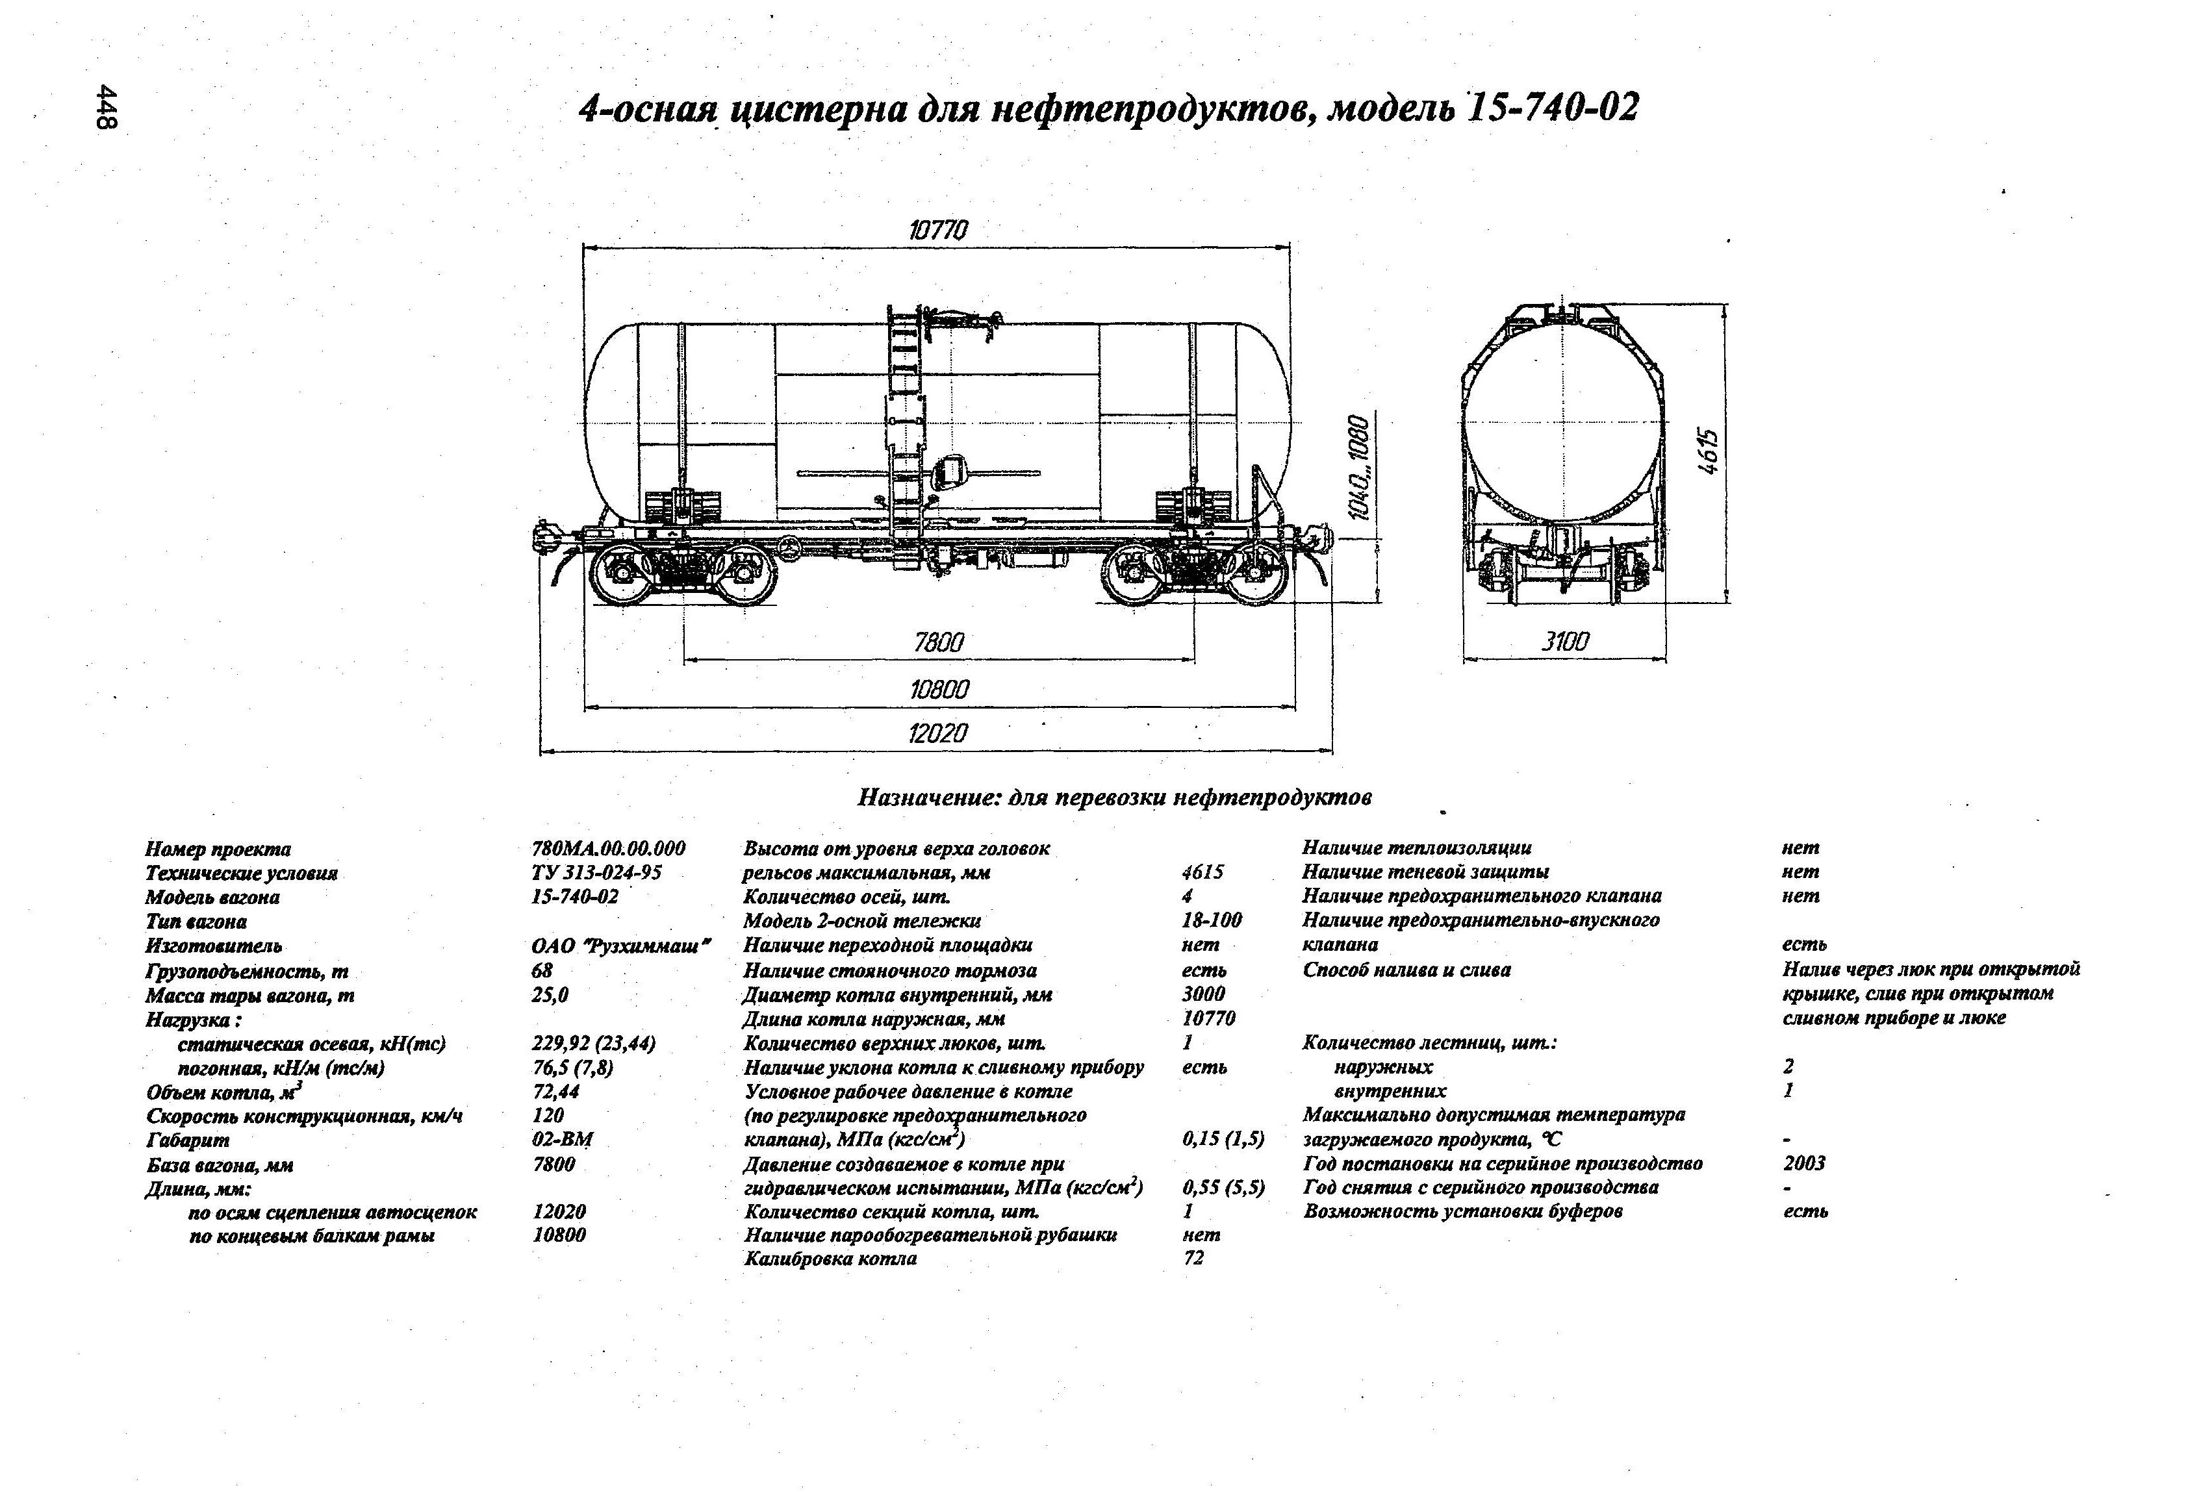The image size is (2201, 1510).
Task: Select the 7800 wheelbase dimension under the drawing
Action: pyautogui.click(x=939, y=643)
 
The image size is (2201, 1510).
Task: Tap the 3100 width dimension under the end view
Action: pyautogui.click(x=1564, y=642)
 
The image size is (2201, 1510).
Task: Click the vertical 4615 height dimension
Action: pyautogui.click(x=1707, y=451)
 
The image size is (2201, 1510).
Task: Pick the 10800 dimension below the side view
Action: pyautogui.click(x=939, y=689)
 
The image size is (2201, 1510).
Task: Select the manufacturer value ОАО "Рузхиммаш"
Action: pyautogui.click(x=621, y=945)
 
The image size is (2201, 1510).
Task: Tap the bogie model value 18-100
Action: pyautogui.click(x=1212, y=920)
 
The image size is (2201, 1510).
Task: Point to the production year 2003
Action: pyautogui.click(x=1803, y=1163)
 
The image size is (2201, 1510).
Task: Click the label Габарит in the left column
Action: pyautogui.click(x=188, y=1140)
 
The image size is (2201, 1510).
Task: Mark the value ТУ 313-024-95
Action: pyautogui.click(x=596, y=872)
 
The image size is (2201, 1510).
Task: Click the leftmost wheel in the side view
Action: pyautogui.click(x=618, y=573)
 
